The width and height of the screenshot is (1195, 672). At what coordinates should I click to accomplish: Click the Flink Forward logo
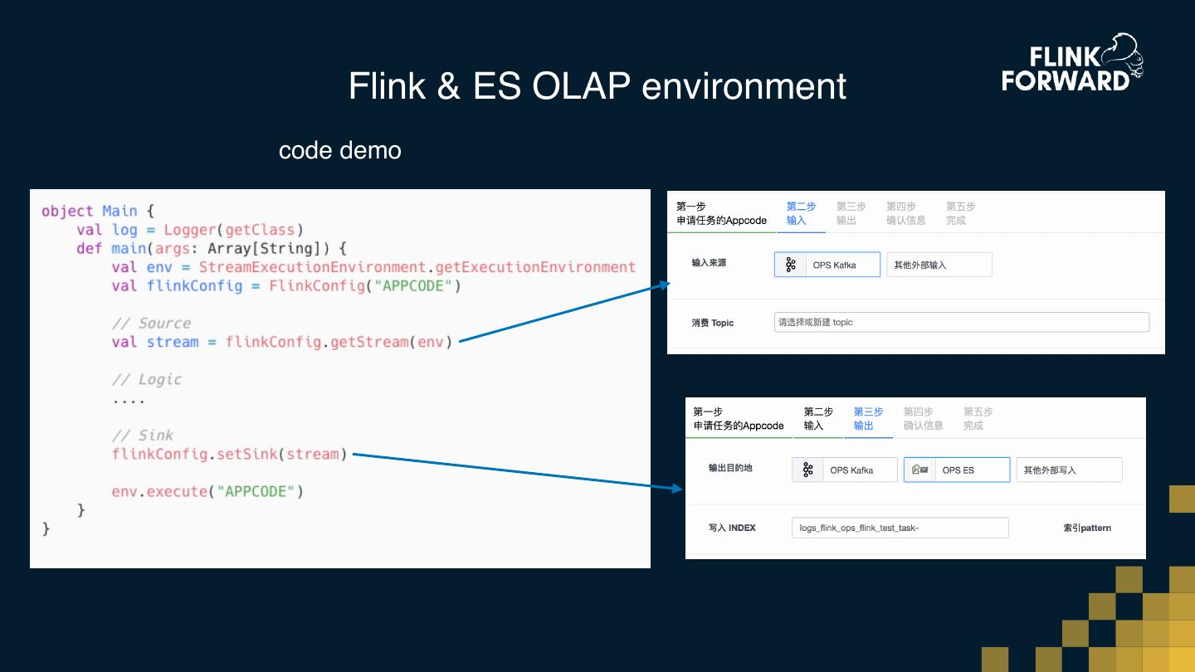click(x=1072, y=63)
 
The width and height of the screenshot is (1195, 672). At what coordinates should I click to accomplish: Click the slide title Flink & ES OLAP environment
click(x=597, y=85)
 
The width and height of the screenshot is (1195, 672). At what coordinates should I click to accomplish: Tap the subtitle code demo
click(x=340, y=150)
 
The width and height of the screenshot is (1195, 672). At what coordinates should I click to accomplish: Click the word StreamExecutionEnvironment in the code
click(x=312, y=266)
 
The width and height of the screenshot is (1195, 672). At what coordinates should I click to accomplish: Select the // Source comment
click(x=151, y=324)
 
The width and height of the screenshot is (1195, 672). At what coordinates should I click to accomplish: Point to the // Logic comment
click(x=147, y=379)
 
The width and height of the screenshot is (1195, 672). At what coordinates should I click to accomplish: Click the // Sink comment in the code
click(x=143, y=436)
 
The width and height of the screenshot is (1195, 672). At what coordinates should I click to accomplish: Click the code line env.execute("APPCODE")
click(x=207, y=491)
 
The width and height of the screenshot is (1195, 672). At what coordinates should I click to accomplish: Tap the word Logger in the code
click(x=189, y=230)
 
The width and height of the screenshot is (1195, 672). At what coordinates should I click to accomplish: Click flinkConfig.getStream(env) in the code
click(x=339, y=342)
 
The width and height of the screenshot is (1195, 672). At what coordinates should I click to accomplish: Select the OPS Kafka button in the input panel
click(x=827, y=265)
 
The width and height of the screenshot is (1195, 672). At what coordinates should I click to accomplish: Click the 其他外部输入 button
click(x=939, y=265)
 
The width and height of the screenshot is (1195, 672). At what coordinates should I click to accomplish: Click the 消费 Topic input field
click(x=961, y=322)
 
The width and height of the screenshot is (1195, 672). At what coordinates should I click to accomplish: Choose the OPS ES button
click(x=957, y=470)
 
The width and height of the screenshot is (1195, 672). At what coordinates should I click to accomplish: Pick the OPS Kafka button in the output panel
click(x=845, y=470)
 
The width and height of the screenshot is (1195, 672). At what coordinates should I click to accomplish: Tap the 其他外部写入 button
click(x=1069, y=470)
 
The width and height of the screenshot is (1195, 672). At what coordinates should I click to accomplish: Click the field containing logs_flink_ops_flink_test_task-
click(x=900, y=528)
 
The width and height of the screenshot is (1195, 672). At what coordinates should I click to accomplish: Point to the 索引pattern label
click(x=1087, y=528)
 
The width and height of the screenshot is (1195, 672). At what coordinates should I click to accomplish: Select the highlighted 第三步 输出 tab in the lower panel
click(x=868, y=419)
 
